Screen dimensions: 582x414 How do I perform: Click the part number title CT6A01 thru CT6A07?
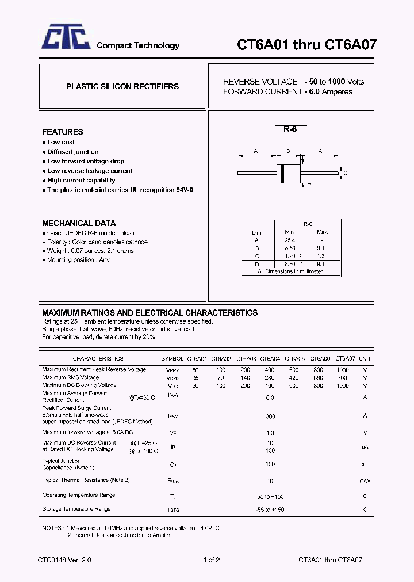(306, 45)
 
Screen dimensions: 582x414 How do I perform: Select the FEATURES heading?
(62, 132)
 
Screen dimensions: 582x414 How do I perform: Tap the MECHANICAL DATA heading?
(79, 223)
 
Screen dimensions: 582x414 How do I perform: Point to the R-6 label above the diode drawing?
(289, 129)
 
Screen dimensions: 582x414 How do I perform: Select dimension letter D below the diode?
(309, 186)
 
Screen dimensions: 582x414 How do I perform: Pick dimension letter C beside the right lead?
(345, 173)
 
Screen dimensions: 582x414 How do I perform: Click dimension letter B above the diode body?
(287, 151)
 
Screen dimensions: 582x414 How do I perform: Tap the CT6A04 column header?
(270, 358)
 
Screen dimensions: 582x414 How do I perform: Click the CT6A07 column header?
(345, 358)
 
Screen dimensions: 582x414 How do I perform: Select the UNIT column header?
(365, 358)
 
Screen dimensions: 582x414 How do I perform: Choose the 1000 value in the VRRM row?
(343, 370)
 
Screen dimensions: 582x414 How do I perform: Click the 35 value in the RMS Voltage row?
(195, 378)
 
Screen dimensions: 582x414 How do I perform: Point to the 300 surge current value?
(270, 416)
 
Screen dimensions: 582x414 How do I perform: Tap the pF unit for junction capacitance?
(365, 464)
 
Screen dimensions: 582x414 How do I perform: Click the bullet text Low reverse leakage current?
(90, 171)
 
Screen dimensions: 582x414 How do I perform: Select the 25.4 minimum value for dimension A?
(289, 240)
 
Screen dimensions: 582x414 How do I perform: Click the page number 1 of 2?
(212, 560)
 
